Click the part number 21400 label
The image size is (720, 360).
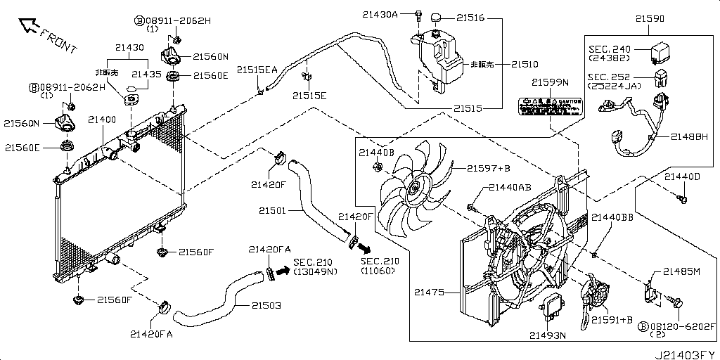click(x=102, y=120)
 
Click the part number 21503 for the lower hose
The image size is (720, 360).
click(x=265, y=306)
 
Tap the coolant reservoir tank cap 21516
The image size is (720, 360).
click(x=436, y=17)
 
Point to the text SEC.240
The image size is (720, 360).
click(x=609, y=49)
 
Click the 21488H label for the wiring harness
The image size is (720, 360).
click(x=688, y=137)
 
